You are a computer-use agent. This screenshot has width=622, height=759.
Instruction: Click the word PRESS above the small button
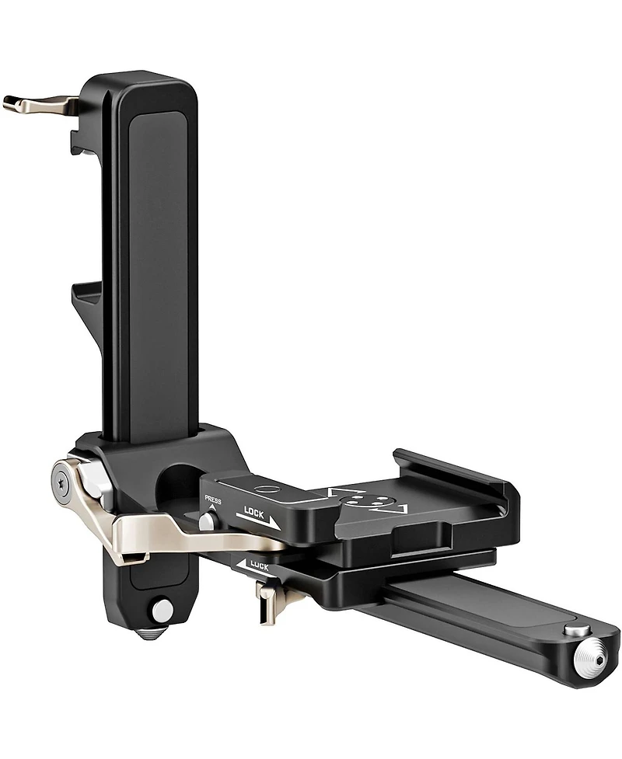[213, 500]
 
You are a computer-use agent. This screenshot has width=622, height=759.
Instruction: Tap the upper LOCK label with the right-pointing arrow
[257, 515]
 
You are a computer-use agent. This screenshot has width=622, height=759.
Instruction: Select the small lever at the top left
[40, 105]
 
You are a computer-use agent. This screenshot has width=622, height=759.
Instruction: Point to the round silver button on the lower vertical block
[162, 610]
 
